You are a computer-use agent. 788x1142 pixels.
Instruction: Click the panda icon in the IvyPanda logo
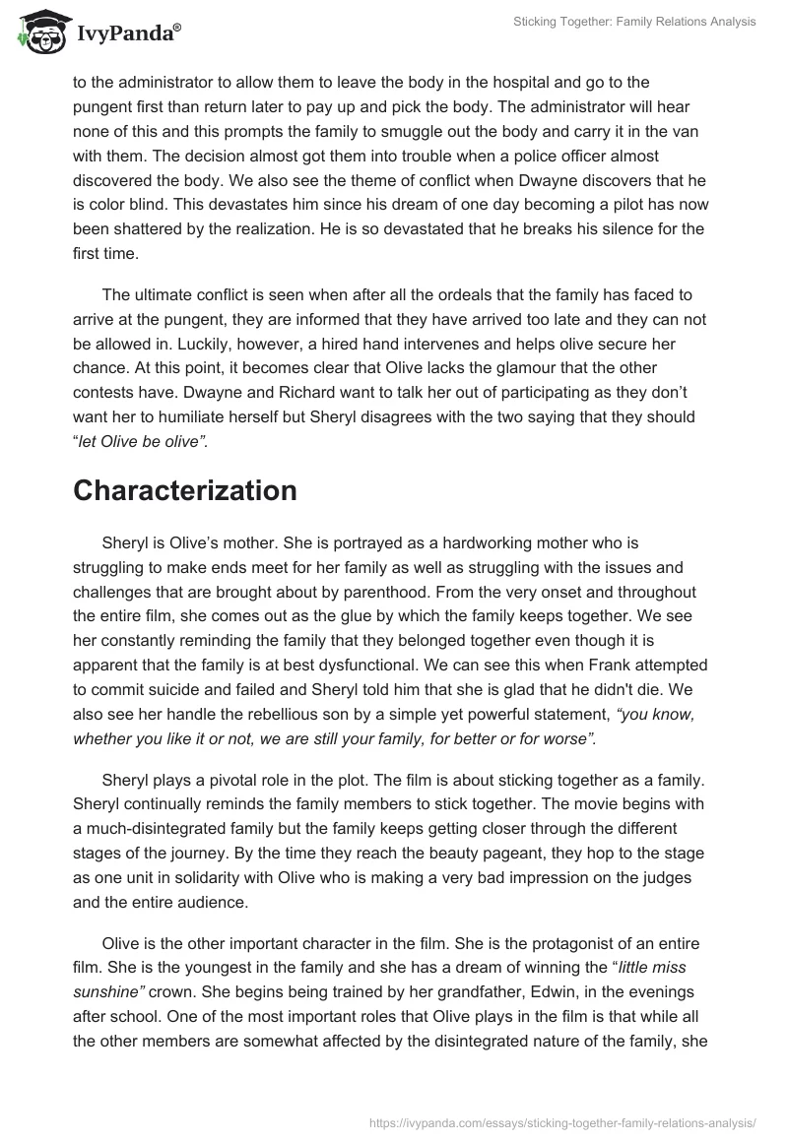40,32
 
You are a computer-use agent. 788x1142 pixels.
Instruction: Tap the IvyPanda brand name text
128,33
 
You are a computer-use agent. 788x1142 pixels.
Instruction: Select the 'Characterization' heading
185,491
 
